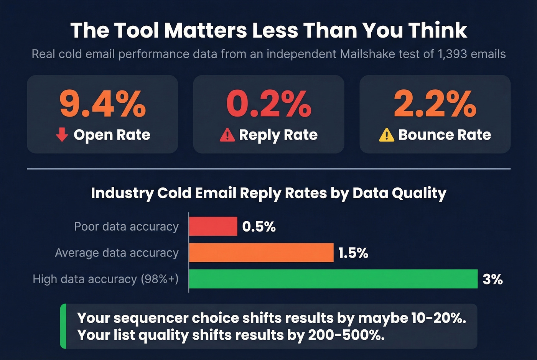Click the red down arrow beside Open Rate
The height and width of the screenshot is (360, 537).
pos(62,135)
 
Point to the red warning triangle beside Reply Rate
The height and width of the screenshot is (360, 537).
pos(227,135)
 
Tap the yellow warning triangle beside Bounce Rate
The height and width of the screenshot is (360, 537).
pos(386,135)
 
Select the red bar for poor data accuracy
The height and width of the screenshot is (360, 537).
pos(213,226)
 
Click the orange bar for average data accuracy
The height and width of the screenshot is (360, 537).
pos(261,253)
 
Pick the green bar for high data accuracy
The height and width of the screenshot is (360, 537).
pos(333,279)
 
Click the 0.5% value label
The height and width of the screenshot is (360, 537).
pos(259,227)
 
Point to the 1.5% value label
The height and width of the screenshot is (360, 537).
pos(353,253)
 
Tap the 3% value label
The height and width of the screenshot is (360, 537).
pos(493,279)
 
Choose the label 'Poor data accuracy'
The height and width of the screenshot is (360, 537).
pos(126,227)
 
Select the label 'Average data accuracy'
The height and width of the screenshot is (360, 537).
pos(117,253)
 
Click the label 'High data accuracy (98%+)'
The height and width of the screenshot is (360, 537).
pos(105,279)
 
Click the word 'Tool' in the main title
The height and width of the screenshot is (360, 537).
pos(136,30)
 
